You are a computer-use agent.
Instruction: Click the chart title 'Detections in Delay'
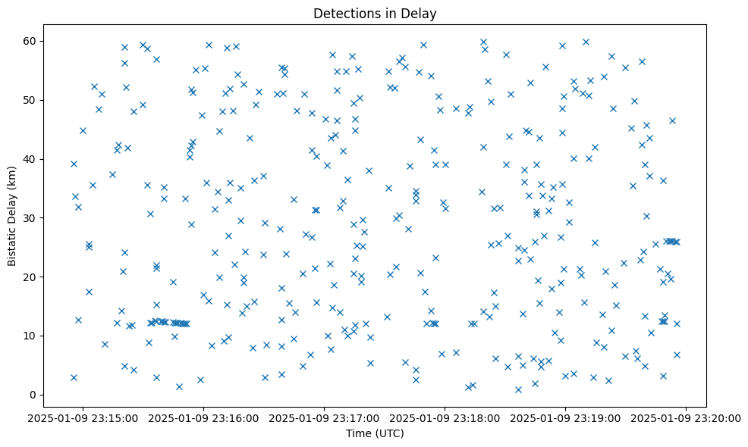click(x=375, y=14)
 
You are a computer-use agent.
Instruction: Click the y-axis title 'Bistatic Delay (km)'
click(x=12, y=216)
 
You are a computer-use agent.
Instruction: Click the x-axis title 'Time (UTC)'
click(x=375, y=433)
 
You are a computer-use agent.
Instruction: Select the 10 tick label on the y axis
click(x=32, y=336)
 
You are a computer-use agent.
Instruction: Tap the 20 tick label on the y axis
click(x=32, y=277)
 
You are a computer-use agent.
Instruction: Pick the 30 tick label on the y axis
click(x=32, y=217)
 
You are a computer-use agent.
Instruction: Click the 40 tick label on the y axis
click(x=32, y=159)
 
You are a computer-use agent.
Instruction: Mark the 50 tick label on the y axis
click(x=32, y=100)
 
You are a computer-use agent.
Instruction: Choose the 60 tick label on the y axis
click(x=32, y=41)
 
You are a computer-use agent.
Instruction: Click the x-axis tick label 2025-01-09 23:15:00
click(x=83, y=417)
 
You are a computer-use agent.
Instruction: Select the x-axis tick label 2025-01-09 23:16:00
click(x=203, y=417)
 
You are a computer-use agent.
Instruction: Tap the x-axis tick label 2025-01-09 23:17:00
click(x=324, y=417)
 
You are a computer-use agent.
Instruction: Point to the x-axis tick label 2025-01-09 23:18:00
click(x=445, y=417)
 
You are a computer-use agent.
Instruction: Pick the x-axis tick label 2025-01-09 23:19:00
click(x=565, y=417)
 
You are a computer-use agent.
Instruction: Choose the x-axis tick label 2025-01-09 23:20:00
click(x=686, y=417)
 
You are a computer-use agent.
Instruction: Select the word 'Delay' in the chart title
click(x=421, y=14)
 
